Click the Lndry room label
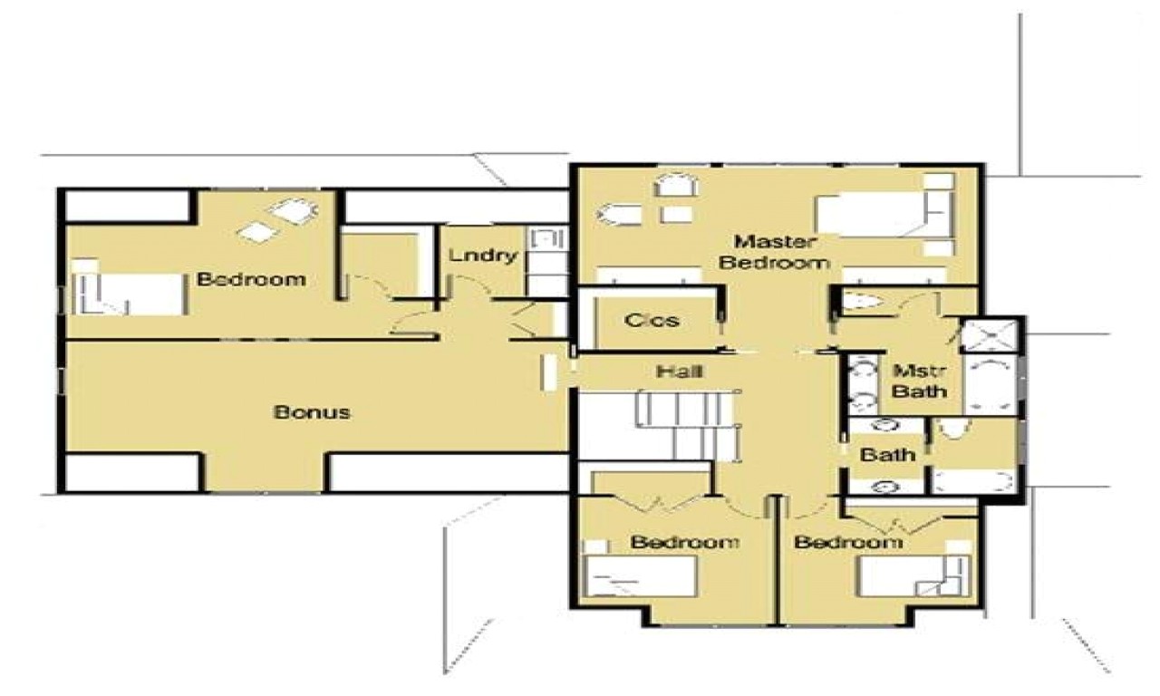[x=482, y=256]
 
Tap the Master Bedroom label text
[x=781, y=252]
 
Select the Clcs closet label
[x=652, y=320]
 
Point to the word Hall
[x=681, y=370]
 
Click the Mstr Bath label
[x=921, y=381]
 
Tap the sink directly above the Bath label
[x=882, y=426]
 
